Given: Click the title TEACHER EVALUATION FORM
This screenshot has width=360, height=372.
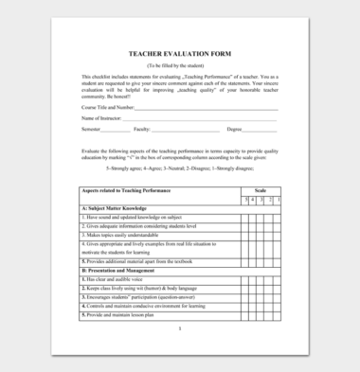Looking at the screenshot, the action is click(x=179, y=54).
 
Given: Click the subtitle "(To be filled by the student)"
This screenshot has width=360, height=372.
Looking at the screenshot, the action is click(x=179, y=64).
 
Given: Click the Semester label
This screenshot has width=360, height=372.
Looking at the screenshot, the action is click(x=93, y=128).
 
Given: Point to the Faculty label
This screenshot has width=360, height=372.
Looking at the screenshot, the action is click(x=142, y=128).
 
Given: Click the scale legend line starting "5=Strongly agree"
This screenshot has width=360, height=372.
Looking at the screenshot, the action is click(x=180, y=168).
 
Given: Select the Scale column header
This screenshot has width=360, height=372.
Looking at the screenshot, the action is click(x=261, y=190).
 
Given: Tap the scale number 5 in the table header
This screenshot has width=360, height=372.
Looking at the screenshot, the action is click(x=244, y=199).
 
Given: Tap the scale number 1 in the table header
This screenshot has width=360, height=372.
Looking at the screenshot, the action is click(x=277, y=199).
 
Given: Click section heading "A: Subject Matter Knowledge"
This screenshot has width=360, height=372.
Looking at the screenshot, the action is click(x=115, y=207).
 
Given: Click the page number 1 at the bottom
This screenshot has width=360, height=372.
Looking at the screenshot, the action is click(x=179, y=328).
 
